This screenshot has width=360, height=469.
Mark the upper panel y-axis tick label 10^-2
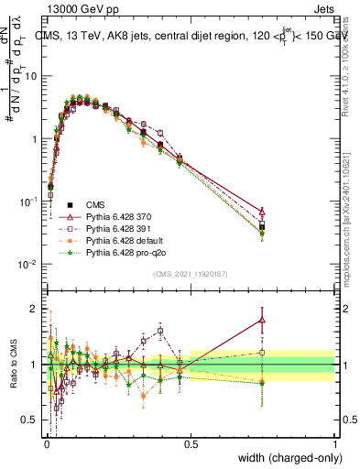(x=30, y=264)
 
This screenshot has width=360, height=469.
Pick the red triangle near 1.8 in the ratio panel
(x=262, y=320)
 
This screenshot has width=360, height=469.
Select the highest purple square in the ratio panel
(x=160, y=331)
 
